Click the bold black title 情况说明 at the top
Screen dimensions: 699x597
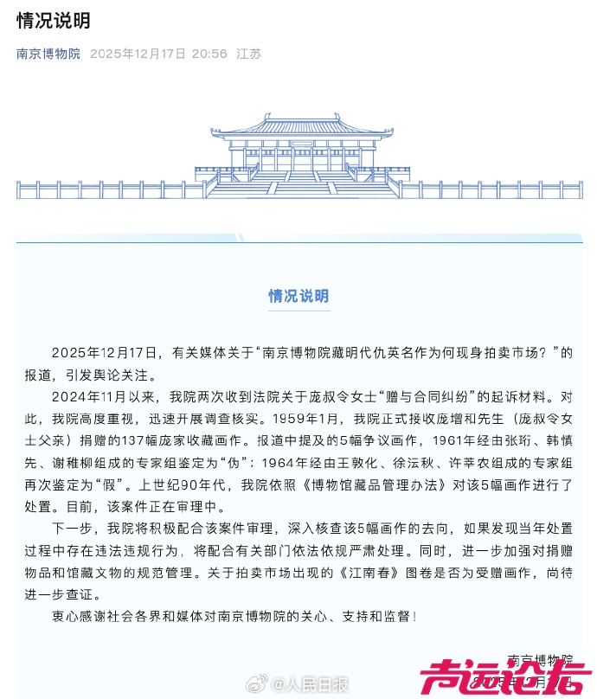[53, 21]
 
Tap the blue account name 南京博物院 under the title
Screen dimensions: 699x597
[48, 54]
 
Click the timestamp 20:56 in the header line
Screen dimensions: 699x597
[209, 54]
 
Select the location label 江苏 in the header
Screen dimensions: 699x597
[249, 54]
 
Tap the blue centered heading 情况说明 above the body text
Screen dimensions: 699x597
[298, 296]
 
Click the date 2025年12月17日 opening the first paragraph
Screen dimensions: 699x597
[106, 353]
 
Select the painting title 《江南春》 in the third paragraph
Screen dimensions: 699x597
[383, 573]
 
